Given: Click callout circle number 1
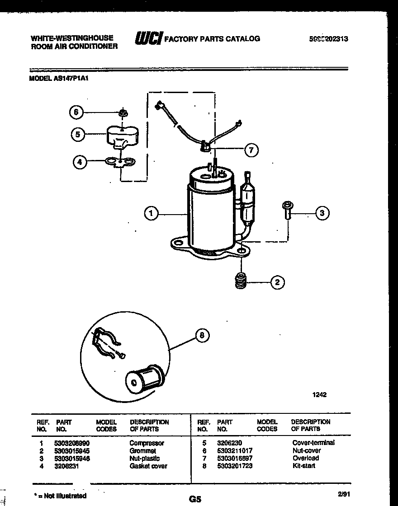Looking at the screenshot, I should (151, 214).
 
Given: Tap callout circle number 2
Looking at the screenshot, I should (277, 283).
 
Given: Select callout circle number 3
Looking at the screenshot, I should (322, 214).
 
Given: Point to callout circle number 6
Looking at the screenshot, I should (76, 112).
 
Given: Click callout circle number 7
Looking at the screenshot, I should (251, 150).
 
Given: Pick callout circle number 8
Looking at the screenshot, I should (202, 335).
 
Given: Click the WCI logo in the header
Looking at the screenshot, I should (148, 39).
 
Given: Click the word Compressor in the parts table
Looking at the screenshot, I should (147, 443).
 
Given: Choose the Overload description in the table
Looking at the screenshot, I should (305, 458).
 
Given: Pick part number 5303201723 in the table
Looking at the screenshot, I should (235, 466).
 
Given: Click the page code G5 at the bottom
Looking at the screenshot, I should (195, 499).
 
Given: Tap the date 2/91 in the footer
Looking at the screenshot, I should (344, 495).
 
